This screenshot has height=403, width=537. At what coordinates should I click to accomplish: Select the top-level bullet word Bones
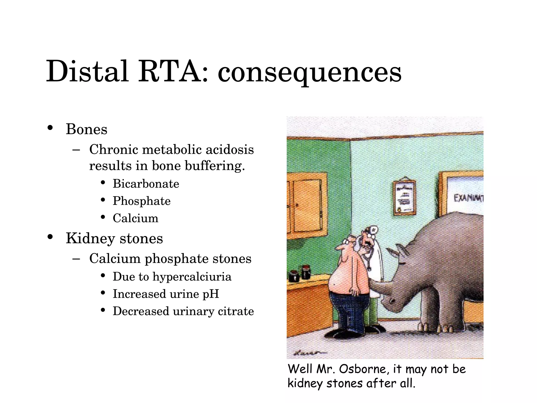point(87,129)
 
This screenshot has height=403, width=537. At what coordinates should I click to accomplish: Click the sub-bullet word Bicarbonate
point(146,184)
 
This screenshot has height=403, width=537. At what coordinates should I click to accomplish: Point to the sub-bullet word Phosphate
point(142,201)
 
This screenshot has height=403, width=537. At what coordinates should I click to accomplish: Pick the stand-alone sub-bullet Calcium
point(136,218)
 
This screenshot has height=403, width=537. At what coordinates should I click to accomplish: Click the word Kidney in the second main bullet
point(90,238)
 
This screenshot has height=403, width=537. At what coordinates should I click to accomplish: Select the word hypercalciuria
point(192,277)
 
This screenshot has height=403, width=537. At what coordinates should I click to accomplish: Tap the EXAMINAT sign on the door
point(468,198)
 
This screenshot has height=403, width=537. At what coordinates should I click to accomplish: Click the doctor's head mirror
point(373,230)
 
